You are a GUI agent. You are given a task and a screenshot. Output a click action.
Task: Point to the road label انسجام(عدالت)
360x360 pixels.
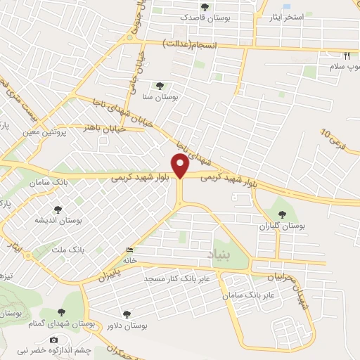tap(190, 44)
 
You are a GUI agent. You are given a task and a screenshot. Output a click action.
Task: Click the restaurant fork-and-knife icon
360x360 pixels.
tap(346, 55)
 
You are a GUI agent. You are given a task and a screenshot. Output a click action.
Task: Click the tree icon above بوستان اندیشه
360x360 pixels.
tap(58, 209)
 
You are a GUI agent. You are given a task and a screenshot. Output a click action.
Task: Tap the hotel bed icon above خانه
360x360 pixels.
tap(129, 250)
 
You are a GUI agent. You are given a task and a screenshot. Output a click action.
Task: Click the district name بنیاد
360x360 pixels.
tap(219, 252)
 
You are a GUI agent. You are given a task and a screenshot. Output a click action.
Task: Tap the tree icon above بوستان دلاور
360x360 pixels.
tap(127, 314)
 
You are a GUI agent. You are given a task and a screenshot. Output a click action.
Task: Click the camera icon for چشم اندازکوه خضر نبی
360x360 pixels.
tap(53, 340)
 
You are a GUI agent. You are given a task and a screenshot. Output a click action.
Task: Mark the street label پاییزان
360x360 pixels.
tap(96, 278)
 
